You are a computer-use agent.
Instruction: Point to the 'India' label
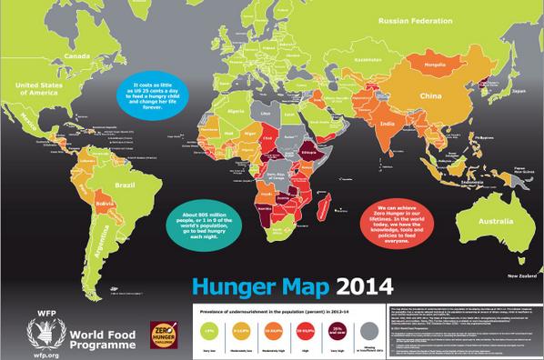point(387,124)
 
